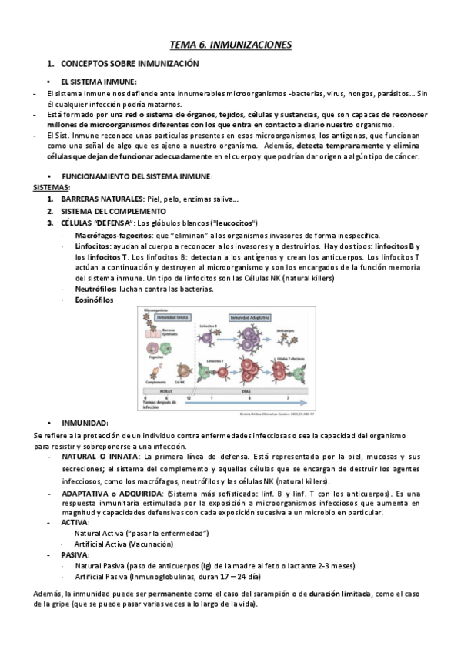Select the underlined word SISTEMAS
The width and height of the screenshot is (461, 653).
tap(52, 187)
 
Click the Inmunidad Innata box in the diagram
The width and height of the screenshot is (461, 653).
tap(174, 316)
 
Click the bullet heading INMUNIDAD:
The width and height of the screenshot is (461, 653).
tap(85, 424)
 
